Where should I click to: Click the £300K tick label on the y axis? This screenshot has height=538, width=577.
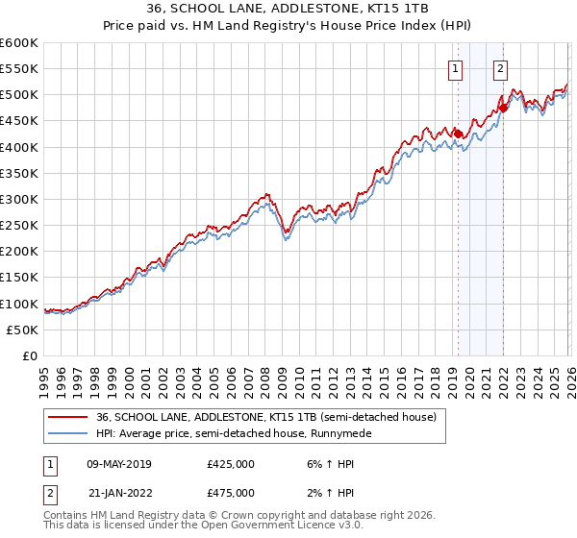point(19,200)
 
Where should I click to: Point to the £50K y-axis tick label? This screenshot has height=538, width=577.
point(22,330)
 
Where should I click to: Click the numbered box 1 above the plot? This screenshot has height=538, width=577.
point(455,68)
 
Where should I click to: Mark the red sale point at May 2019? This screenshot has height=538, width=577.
point(458,134)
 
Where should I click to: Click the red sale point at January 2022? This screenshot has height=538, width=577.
point(503,109)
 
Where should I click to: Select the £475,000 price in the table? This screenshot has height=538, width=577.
point(231,492)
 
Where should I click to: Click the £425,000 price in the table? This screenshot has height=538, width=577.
point(231,464)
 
